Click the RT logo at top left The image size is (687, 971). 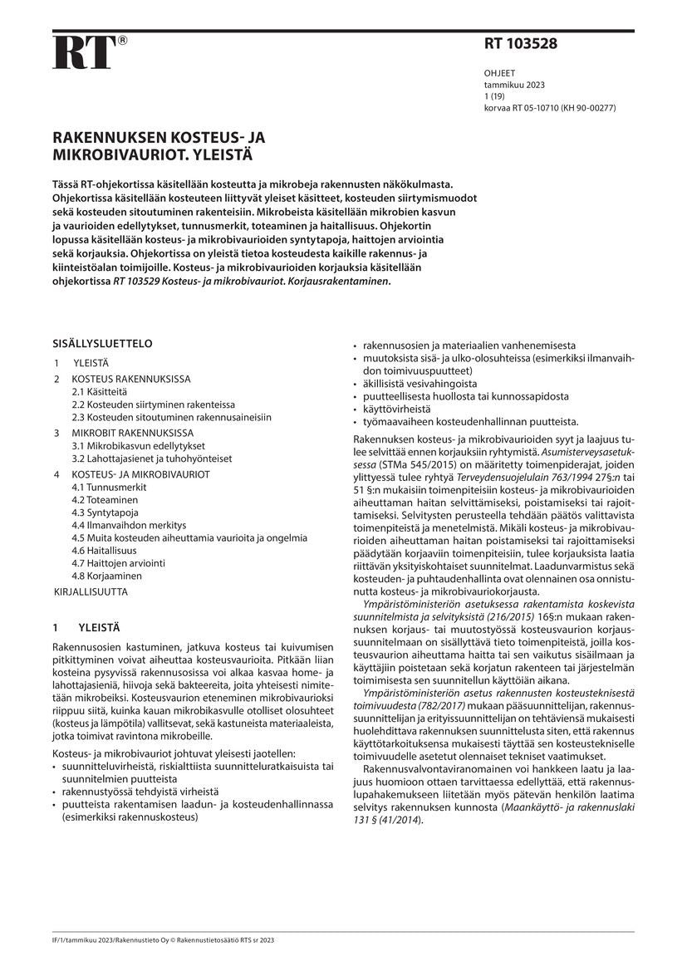coord(85,53)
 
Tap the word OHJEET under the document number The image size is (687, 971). coord(499,73)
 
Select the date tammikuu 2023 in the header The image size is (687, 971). coord(514,85)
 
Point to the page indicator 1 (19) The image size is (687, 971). coord(497,96)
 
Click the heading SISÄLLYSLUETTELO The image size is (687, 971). coord(103,343)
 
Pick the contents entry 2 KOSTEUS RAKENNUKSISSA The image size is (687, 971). coord(125,378)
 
